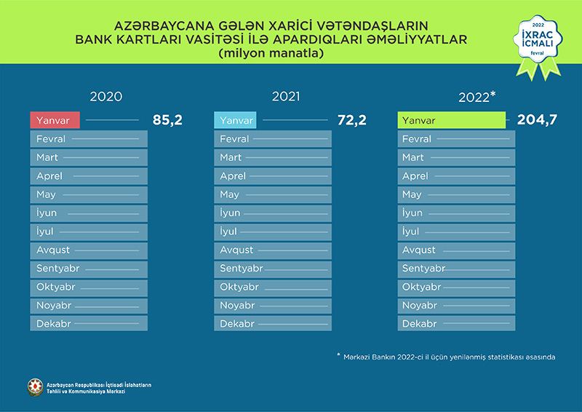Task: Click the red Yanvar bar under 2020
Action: [55, 120]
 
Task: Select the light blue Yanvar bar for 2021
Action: [235, 120]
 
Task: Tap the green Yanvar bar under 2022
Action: [451, 120]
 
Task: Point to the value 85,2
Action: [167, 120]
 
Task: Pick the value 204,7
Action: [537, 120]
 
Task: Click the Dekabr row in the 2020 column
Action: [89, 324]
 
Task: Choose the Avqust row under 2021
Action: [272, 250]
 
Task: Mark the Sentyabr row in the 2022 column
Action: [456, 269]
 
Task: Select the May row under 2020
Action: [89, 194]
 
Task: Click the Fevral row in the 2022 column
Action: [456, 139]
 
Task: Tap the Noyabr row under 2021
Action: [272, 306]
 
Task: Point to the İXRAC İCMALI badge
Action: [538, 44]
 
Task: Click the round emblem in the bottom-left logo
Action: [35, 387]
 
